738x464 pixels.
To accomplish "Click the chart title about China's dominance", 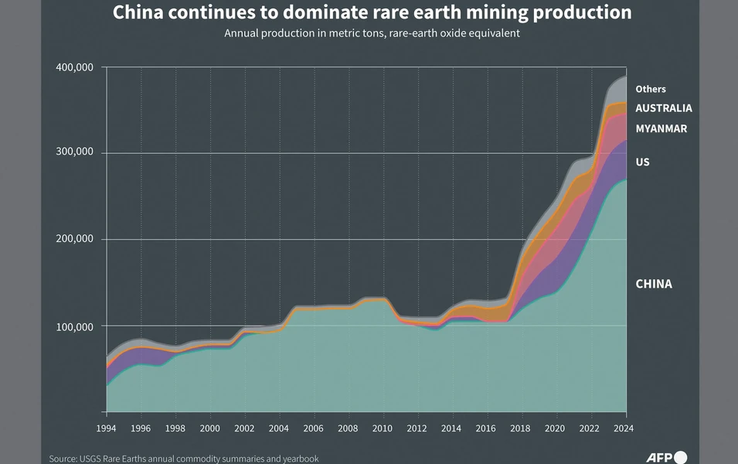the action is [372, 12].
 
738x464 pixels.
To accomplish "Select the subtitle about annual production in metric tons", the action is [372, 33].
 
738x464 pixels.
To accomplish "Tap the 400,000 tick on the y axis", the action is [74, 67].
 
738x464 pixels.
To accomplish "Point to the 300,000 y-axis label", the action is [74, 152].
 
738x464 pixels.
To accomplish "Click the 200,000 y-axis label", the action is [74, 238].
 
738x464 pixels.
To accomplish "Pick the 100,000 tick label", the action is [74, 326].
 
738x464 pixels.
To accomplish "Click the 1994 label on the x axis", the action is [106, 428].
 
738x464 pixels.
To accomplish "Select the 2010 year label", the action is [383, 428].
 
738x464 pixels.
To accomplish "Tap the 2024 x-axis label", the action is [624, 428].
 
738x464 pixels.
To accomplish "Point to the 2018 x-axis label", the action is [520, 428].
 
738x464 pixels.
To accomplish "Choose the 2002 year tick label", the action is [244, 428].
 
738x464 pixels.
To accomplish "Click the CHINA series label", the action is [654, 284].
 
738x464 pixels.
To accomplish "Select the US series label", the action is [642, 162].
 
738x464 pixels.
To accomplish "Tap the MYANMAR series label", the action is [661, 128].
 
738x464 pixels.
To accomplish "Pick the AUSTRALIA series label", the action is [664, 108].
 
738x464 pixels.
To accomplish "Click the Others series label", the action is [651, 89].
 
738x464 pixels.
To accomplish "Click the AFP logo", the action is [666, 457].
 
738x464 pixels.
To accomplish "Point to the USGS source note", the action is [184, 459].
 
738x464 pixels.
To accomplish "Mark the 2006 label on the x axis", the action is [313, 428].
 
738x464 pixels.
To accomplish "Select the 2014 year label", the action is [451, 428].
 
